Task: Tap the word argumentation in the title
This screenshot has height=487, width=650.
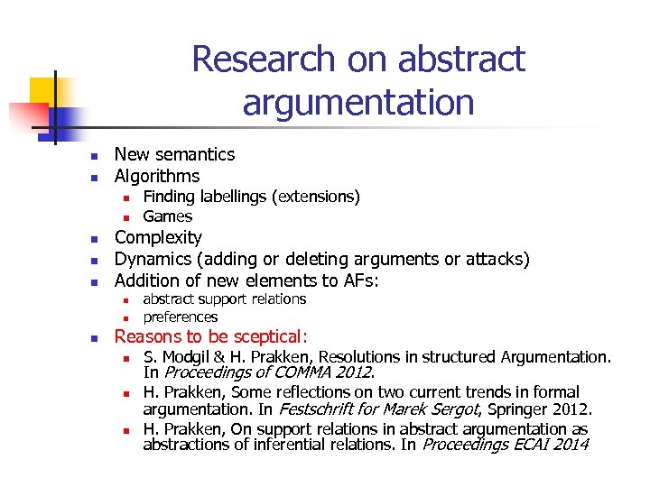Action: coord(357,102)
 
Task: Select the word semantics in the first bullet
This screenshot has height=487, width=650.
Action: coord(195,154)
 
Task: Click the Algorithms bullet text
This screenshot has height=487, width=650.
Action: coord(157,176)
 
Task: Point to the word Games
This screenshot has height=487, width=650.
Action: coord(168,216)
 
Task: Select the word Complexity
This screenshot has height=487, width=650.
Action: coord(158,238)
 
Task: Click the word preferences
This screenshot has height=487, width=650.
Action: coord(181,317)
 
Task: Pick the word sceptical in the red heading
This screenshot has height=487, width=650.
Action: coord(266,337)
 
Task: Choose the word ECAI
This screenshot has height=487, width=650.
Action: coord(523,445)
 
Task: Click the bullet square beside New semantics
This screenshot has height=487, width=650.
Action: coord(91,155)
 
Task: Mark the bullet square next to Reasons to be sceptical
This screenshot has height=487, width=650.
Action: coord(91,338)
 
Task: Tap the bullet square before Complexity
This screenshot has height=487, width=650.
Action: coord(91,239)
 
